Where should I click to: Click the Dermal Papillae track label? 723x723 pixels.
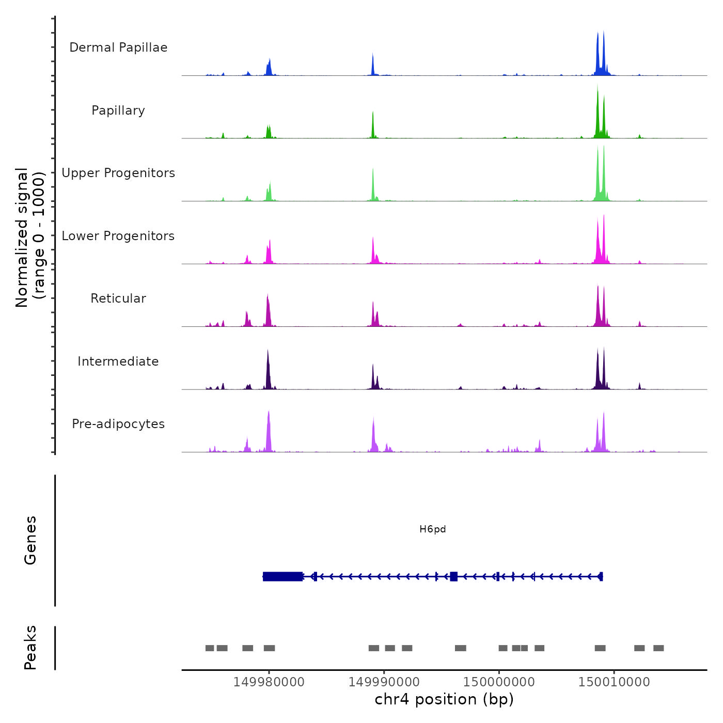click(118, 48)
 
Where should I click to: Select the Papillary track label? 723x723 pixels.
click(118, 111)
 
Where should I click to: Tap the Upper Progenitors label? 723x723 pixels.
click(118, 173)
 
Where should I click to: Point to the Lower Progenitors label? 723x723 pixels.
click(118, 236)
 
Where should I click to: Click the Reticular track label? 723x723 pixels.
click(118, 298)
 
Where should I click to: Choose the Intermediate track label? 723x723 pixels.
click(118, 361)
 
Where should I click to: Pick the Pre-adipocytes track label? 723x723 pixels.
click(118, 424)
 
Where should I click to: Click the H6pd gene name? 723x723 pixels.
click(432, 529)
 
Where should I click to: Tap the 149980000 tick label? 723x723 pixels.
click(269, 682)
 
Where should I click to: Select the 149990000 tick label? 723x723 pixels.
click(384, 682)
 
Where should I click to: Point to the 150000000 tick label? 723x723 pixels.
click(499, 682)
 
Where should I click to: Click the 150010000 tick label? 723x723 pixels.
click(614, 682)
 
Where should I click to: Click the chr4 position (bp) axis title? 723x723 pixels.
click(444, 699)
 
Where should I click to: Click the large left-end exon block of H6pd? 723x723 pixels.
click(282, 576)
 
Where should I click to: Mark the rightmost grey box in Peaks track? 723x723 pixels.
click(658, 648)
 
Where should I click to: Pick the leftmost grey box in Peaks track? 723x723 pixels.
click(210, 648)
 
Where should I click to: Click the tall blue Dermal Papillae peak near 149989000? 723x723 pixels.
click(373, 65)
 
